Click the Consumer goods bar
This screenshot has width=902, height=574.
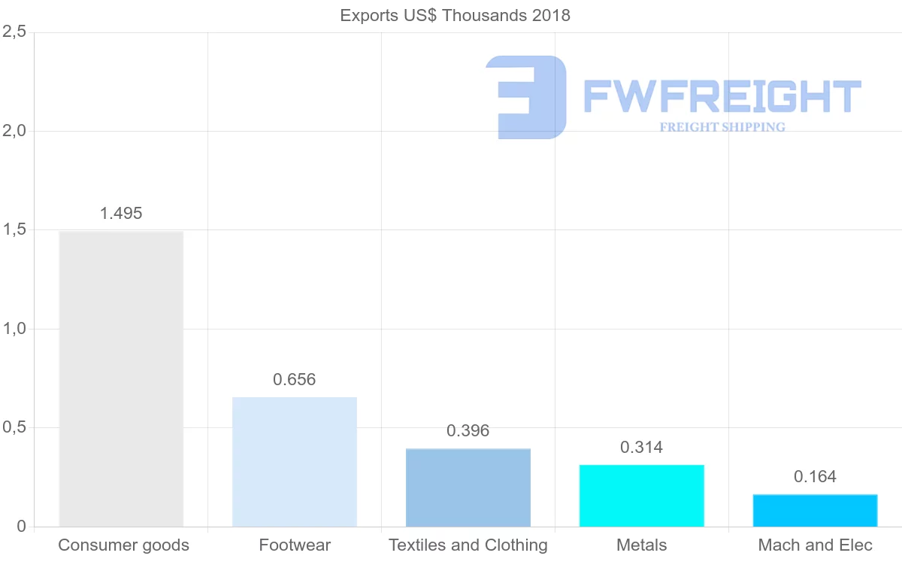click(x=121, y=378)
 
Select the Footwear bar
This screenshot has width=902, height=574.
click(x=295, y=461)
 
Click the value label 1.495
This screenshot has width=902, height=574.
click(x=121, y=214)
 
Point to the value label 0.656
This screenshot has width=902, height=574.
click(x=295, y=380)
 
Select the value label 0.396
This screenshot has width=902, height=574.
click(x=468, y=431)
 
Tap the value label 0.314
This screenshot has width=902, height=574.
click(x=642, y=448)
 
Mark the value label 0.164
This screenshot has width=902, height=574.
click(x=816, y=477)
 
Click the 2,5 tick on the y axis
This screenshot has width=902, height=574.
click(x=14, y=32)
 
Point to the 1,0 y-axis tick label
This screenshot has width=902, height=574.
click(x=14, y=329)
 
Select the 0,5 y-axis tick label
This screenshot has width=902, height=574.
click(x=14, y=427)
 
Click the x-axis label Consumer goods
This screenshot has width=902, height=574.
click(x=123, y=545)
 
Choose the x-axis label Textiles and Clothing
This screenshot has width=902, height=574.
click(x=468, y=545)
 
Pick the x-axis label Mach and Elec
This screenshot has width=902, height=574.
click(x=816, y=545)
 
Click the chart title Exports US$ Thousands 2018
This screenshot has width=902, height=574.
click(x=456, y=15)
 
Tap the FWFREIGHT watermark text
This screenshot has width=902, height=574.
click(x=722, y=96)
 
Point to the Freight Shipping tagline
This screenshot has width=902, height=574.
click(x=722, y=127)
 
